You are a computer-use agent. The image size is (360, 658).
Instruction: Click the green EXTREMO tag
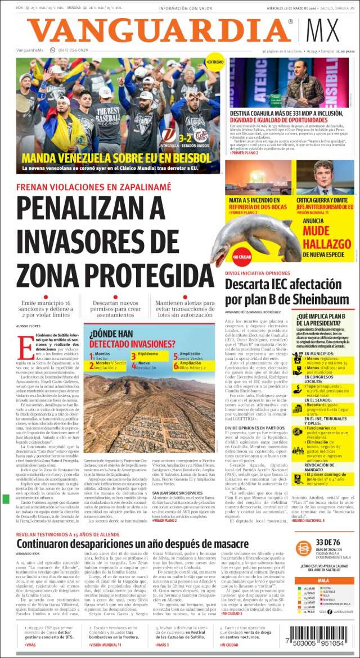(x=214, y=61)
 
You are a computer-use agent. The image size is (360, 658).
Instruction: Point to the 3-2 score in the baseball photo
(x=185, y=137)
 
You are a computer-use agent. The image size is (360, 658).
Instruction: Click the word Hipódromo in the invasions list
(x=148, y=354)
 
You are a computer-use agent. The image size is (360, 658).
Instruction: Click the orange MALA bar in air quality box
(x=323, y=580)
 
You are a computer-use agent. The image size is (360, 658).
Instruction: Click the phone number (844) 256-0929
(x=73, y=51)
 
